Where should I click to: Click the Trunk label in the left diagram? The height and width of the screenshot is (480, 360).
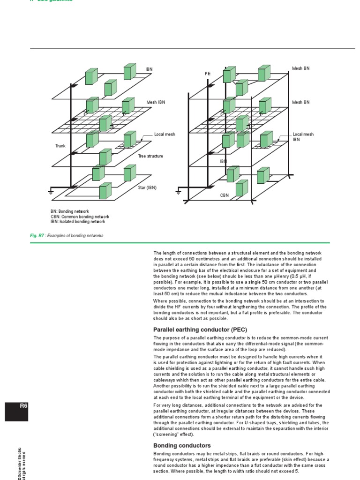point(60,146)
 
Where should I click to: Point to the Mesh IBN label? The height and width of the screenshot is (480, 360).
point(156,102)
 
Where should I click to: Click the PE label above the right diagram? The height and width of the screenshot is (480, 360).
point(208,74)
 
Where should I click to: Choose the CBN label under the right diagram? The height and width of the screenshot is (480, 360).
point(225,195)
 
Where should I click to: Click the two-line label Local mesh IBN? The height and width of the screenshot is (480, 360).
point(303,137)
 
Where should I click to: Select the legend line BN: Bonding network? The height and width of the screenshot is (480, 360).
point(70,212)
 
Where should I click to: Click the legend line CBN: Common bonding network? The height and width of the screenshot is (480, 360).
point(80,217)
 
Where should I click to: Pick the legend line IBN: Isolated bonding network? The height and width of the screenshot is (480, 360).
point(78,221)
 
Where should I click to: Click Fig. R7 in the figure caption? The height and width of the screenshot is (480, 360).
point(37,236)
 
